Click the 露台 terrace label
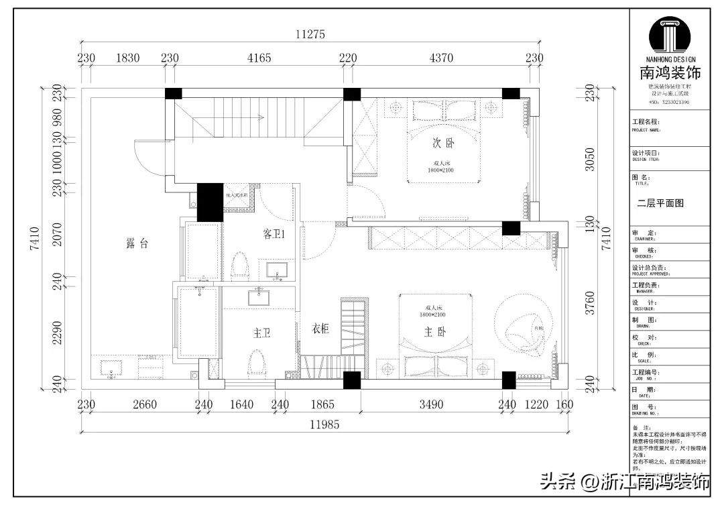click(137, 244)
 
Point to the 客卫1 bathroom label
click(275, 235)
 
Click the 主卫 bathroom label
click(261, 332)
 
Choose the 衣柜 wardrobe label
click(320, 329)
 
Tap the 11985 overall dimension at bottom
click(324, 424)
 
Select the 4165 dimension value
click(259, 58)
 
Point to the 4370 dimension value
click(440, 58)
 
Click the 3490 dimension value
click(431, 404)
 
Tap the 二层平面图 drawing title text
click(660, 203)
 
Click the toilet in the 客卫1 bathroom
click(240, 266)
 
